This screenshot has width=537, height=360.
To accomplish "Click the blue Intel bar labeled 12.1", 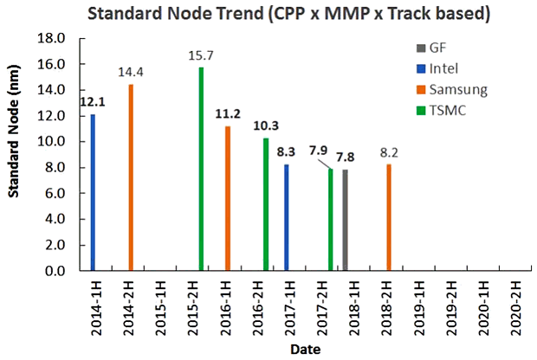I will [x=93, y=192].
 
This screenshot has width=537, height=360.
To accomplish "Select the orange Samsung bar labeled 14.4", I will [x=131, y=177].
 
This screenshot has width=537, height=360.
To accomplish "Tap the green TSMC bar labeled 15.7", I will [x=201, y=169].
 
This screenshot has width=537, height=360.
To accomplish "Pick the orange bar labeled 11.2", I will [x=227, y=198].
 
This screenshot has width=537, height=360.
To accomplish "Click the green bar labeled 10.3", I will [x=266, y=204].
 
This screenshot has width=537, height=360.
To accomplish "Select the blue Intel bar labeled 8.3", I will [x=287, y=217].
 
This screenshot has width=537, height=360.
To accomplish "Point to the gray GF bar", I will [x=345, y=220].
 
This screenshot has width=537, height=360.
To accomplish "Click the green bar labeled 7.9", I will [x=331, y=220].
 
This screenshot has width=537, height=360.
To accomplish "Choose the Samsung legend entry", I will [x=460, y=90].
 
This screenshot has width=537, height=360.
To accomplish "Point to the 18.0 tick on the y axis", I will [x=55, y=39].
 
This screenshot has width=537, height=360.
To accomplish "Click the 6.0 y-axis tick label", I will [x=57, y=194].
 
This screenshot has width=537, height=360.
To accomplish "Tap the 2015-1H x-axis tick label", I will [x=164, y=304].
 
